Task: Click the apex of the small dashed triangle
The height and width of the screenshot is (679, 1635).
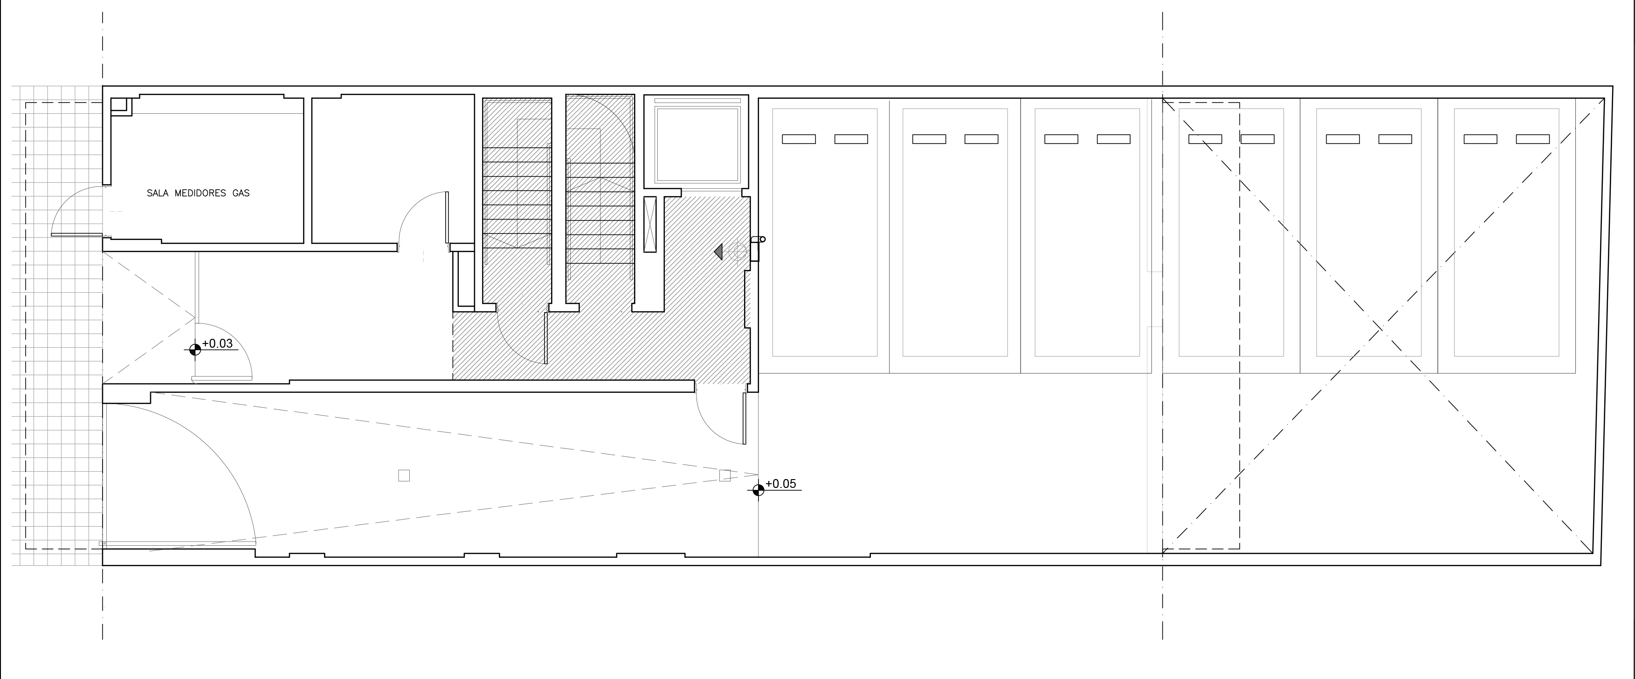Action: click(194, 317)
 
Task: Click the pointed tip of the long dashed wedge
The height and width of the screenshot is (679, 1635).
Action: click(758, 474)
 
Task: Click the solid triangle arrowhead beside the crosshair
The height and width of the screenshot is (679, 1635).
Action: click(718, 252)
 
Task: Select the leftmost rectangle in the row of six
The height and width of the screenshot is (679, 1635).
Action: click(824, 232)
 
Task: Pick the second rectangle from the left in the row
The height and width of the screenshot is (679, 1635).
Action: click(955, 232)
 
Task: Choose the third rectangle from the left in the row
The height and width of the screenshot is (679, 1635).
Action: click(1087, 232)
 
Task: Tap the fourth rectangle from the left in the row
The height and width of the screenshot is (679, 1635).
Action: click(1231, 232)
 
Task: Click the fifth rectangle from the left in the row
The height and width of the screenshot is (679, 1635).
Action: click(1368, 232)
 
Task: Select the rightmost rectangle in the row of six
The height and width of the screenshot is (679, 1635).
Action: click(1506, 232)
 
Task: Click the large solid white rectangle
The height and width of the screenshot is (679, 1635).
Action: click(264, 624)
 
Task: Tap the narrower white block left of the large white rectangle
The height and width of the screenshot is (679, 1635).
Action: click(146, 619)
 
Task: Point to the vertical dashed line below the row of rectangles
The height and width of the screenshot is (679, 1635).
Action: click(1162, 470)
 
